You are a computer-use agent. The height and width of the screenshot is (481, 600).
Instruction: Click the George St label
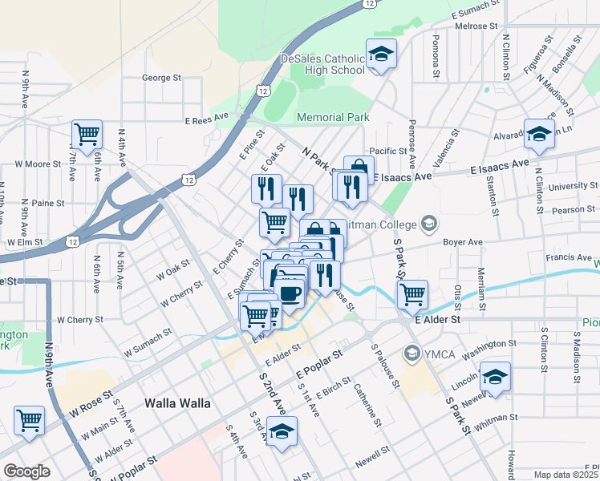point(161,78)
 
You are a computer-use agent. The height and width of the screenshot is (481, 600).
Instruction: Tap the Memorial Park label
point(333,117)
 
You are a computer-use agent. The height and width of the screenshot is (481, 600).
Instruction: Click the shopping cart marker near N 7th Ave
point(87,133)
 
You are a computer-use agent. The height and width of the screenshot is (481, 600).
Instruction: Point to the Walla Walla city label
point(176,403)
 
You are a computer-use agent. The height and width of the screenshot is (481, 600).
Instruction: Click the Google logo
point(27,471)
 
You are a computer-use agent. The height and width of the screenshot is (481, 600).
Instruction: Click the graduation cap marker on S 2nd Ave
point(282,432)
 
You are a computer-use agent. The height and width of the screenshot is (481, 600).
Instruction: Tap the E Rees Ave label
point(207,121)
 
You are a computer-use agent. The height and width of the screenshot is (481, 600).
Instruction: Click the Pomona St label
point(436,55)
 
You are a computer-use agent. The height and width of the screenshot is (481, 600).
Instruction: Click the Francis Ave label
point(568,257)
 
